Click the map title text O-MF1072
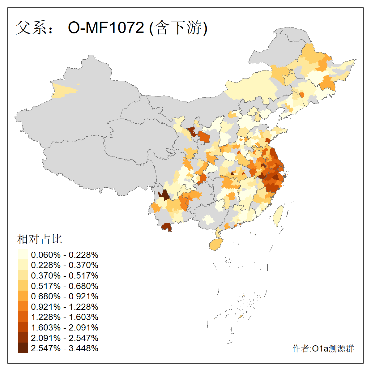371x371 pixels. click(x=106, y=28)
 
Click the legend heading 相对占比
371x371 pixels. click(x=40, y=239)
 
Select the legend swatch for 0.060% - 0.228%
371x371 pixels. click(x=23, y=254)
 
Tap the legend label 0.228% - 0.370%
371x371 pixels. click(x=65, y=265)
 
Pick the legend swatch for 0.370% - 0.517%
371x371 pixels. click(x=23, y=275)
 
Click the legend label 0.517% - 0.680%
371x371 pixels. click(x=65, y=286)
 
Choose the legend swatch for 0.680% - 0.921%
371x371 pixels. click(x=23, y=296)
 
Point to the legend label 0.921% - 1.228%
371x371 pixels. click(x=65, y=307)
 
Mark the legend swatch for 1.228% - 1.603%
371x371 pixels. click(x=23, y=317)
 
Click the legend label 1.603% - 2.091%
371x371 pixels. click(x=65, y=327)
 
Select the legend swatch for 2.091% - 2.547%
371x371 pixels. click(x=23, y=338)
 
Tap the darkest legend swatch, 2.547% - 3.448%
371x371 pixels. click(x=23, y=348)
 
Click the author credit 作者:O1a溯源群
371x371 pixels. click(x=323, y=349)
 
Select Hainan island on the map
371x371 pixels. click(x=216, y=245)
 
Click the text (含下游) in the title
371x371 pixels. click(x=178, y=28)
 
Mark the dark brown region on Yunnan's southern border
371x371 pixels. click(x=167, y=227)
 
